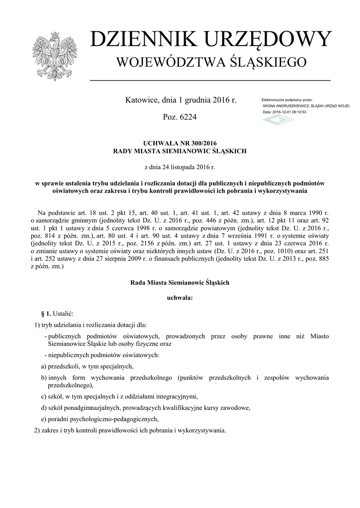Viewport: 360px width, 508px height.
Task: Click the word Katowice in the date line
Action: [x=142, y=100]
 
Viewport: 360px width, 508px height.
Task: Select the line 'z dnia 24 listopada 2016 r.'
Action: [x=180, y=167]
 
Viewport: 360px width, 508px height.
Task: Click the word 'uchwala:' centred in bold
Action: [x=180, y=298]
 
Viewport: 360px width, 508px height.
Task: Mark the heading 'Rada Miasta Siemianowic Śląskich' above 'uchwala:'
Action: [x=180, y=282]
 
